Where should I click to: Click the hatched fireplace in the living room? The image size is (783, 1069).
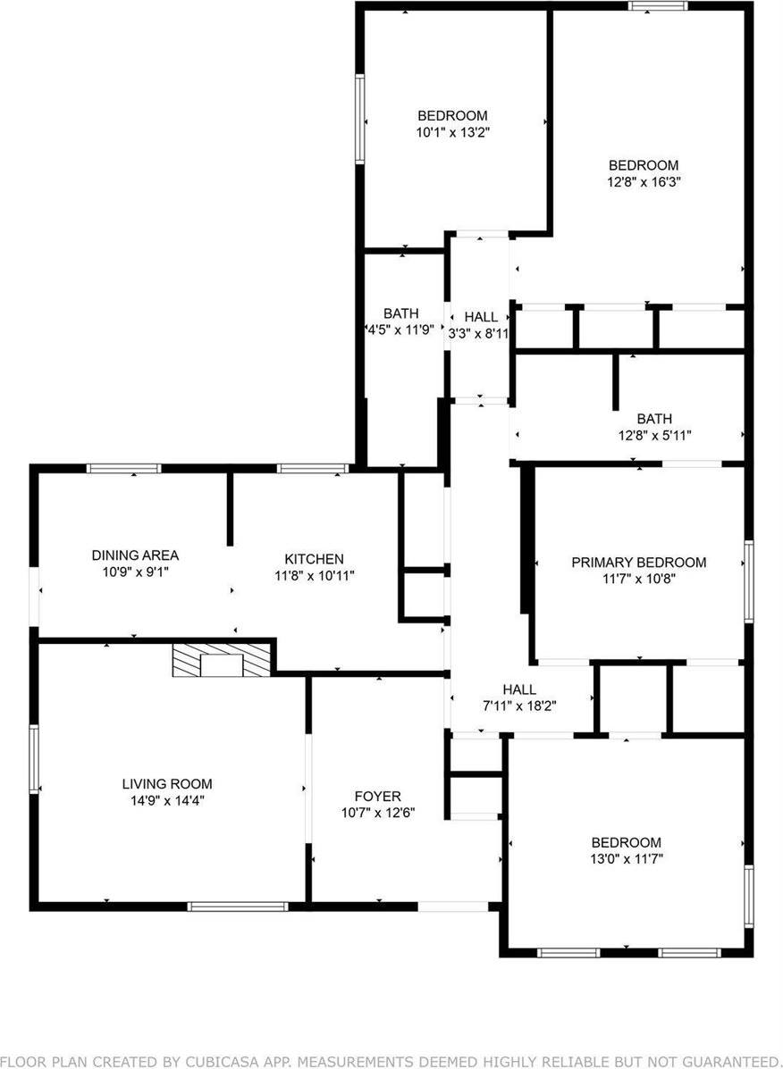coord(221,661)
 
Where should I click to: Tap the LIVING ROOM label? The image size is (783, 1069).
coord(167,784)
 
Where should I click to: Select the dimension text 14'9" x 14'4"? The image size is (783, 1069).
coord(167,800)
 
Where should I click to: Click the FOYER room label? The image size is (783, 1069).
coord(378,797)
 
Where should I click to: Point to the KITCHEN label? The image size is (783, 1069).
coord(314,559)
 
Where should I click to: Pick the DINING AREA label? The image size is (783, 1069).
coord(135,555)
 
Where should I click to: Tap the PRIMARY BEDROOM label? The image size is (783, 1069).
coord(639,562)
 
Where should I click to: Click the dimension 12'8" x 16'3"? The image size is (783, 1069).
coord(644,180)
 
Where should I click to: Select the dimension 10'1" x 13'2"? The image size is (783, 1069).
coord(453,131)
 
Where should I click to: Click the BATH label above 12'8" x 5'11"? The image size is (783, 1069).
coord(654,419)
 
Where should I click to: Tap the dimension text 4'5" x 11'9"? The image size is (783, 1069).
coord(401,329)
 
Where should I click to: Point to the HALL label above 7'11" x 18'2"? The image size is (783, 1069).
coord(519,689)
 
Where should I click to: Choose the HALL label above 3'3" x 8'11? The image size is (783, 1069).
coord(481,317)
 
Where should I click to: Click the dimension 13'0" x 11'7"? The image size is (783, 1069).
coord(627,858)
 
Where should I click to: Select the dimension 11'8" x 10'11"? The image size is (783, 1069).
coord(314,576)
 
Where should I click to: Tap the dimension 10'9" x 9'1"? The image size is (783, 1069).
coord(135,571)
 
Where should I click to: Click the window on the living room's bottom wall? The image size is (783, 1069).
coord(237,906)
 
